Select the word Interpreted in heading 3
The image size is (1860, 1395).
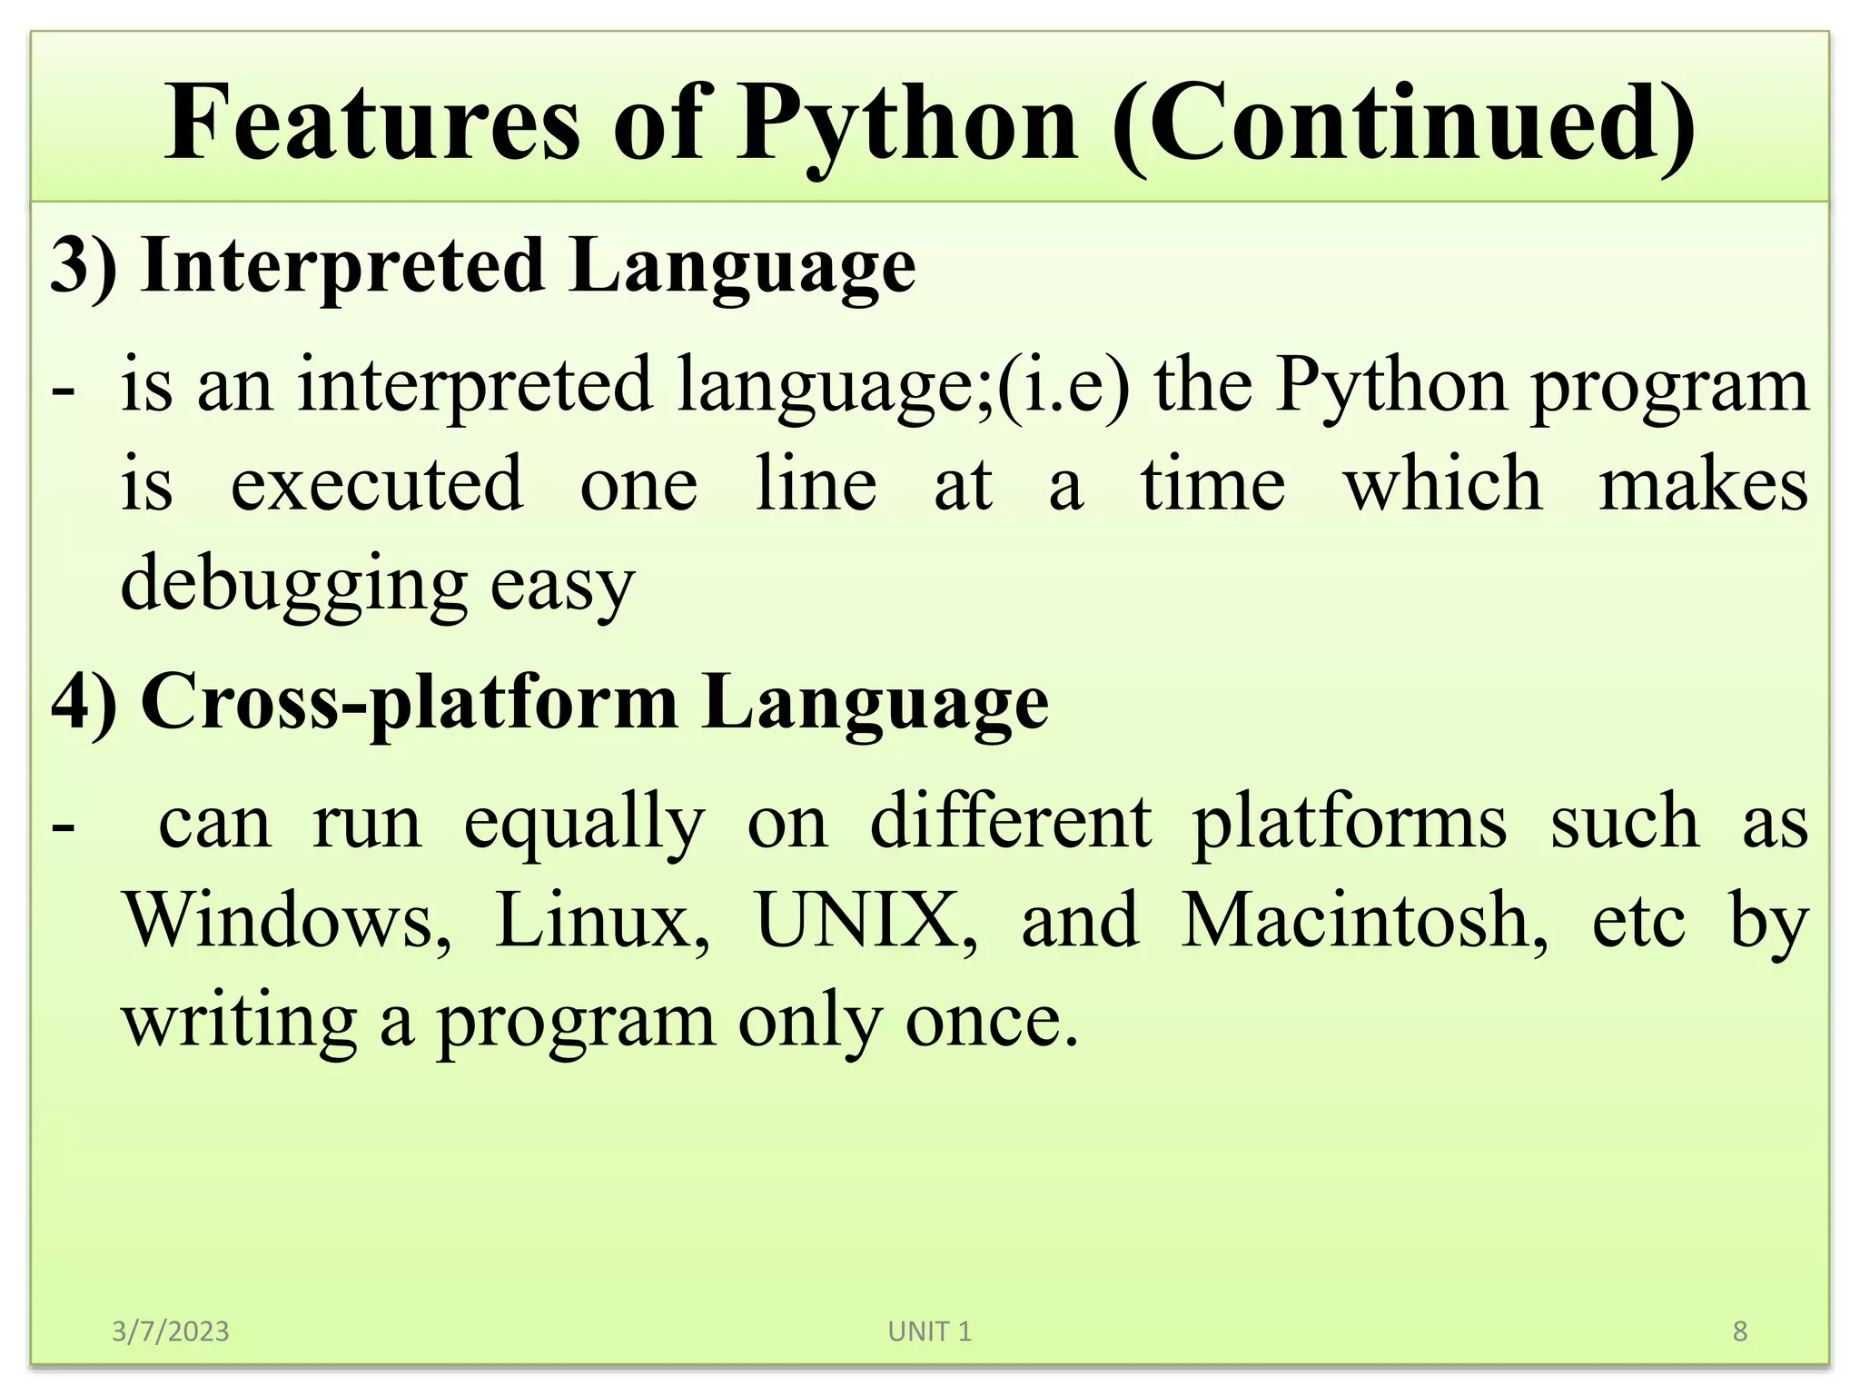(343, 265)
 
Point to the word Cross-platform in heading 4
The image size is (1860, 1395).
(410, 702)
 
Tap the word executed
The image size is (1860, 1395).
(377, 484)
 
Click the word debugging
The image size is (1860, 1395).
(292, 584)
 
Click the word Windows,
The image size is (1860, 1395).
(288, 920)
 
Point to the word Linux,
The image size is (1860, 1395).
(602, 920)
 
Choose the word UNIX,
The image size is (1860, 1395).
(866, 920)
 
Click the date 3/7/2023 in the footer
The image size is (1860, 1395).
(170, 1331)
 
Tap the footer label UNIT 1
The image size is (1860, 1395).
(929, 1331)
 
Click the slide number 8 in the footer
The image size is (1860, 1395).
(1740, 1331)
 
